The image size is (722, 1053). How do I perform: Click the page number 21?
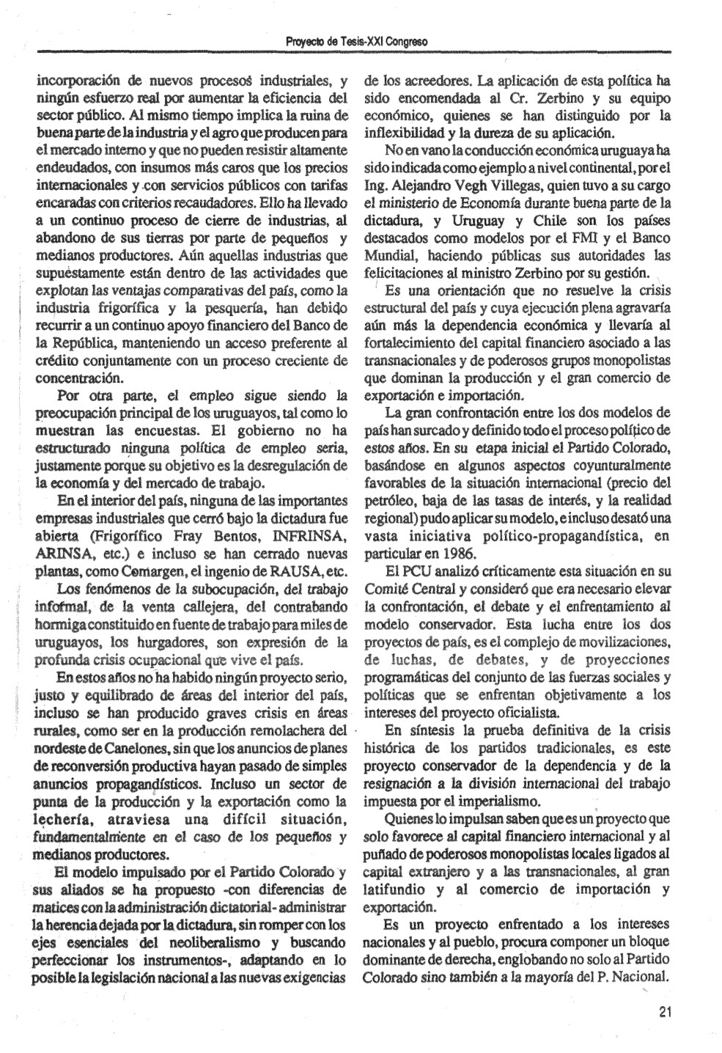pos(665,1013)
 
